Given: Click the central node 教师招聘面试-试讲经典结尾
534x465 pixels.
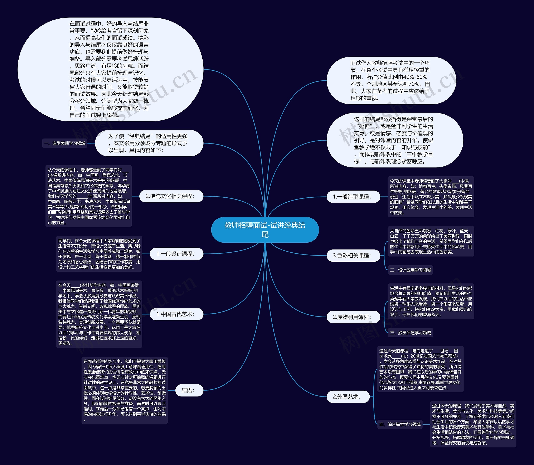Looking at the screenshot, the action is [x=265, y=230].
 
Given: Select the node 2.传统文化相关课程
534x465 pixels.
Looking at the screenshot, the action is [x=171, y=196].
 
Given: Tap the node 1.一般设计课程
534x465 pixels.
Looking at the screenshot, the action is [x=176, y=254].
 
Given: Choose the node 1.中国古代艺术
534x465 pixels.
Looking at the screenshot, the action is [x=176, y=314].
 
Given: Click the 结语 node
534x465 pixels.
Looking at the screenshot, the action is [x=189, y=390].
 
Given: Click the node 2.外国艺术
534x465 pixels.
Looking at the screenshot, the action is [x=348, y=397].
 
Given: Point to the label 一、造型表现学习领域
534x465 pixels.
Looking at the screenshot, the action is [x=65, y=143].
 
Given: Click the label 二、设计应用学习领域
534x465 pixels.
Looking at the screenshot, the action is [x=410, y=270].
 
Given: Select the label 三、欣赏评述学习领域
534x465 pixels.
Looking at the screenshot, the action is [x=410, y=333].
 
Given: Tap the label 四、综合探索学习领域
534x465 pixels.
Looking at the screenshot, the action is [x=400, y=424].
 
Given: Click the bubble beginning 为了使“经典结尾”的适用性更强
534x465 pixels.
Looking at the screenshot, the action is [x=149, y=143].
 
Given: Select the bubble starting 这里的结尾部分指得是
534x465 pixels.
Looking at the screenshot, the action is [x=395, y=140].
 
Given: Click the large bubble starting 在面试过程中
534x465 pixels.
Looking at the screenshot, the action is [x=110, y=69].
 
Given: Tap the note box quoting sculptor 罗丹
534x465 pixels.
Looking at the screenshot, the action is [x=431, y=197].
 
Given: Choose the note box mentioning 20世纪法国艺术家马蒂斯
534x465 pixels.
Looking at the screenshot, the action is [x=420, y=369].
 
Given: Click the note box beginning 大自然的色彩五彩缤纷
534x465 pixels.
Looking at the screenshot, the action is [x=431, y=241].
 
